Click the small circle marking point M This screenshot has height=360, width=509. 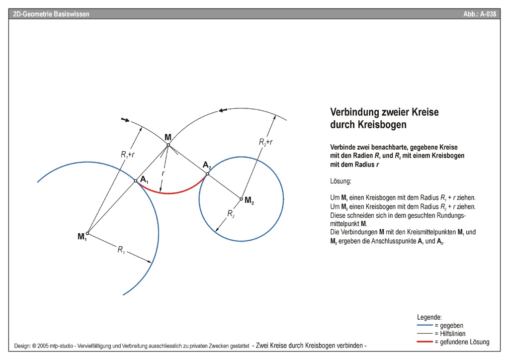pyautogui.click(x=168, y=145)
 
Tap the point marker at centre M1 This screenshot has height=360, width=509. pyautogui.click(x=87, y=233)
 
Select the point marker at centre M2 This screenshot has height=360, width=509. pyautogui.click(x=241, y=199)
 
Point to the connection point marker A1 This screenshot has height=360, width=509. pyautogui.click(x=135, y=181)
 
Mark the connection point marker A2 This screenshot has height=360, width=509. pyautogui.click(x=207, y=174)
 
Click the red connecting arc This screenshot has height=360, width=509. pyautogui.click(x=169, y=193)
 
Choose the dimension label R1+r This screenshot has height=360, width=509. pyautogui.click(x=128, y=155)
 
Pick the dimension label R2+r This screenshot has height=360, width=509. pyautogui.click(x=266, y=142)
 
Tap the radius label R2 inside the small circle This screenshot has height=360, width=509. pyautogui.click(x=231, y=213)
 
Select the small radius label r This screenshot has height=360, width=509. pyautogui.click(x=163, y=173)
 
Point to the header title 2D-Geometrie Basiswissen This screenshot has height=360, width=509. pyautogui.click(x=51, y=14)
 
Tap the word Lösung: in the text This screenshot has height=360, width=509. pyautogui.click(x=340, y=182)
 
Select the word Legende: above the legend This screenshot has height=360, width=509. pyautogui.click(x=429, y=317)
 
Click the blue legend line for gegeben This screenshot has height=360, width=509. pyautogui.click(x=424, y=325)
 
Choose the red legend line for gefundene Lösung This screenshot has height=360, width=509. pyautogui.click(x=424, y=342)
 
